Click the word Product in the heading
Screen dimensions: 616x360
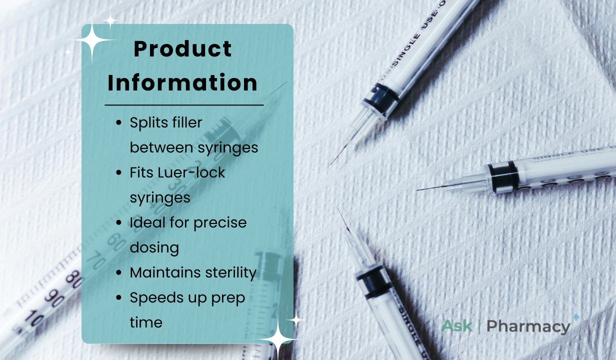coord(182,49)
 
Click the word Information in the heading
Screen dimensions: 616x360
coord(182,82)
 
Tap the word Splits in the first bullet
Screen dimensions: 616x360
coord(147,123)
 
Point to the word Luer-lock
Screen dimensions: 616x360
coord(191,172)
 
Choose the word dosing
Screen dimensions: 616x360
coord(154,248)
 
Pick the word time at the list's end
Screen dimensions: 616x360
coord(146,322)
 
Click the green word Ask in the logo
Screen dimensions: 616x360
coord(457,326)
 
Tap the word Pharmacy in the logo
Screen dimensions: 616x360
coord(528,327)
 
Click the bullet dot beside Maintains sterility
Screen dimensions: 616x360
coord(119,273)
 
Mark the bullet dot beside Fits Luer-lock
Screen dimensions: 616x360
coord(119,172)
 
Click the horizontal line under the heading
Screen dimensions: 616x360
coord(184,105)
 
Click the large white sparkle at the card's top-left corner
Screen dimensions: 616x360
coord(92,40)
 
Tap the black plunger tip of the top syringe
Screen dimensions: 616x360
coord(380,97)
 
